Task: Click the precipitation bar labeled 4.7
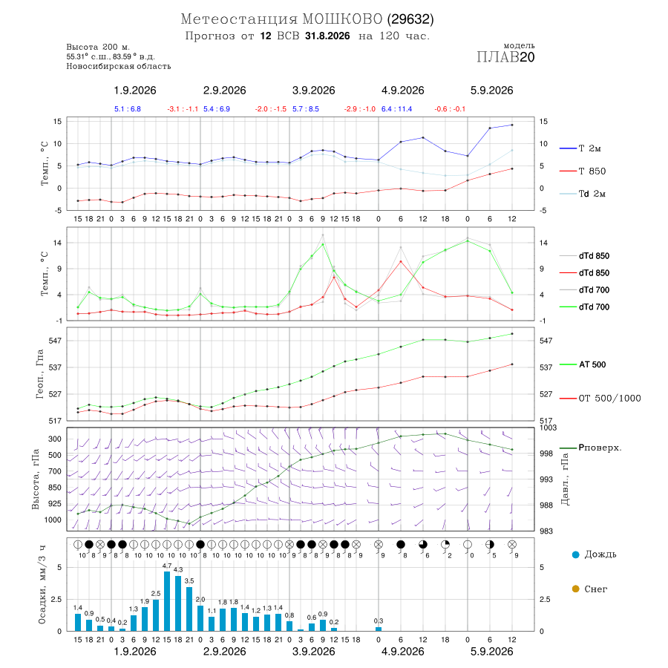click(167, 601)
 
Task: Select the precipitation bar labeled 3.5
click(189, 609)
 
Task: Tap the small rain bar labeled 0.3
click(379, 629)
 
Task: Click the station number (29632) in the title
click(410, 19)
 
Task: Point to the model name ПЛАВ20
click(505, 56)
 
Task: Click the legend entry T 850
click(583, 171)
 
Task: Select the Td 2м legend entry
click(583, 194)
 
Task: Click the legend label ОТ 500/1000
click(609, 399)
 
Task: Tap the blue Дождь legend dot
click(575, 554)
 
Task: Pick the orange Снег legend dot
click(575, 589)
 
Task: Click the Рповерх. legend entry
click(591, 448)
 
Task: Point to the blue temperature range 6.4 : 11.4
click(396, 109)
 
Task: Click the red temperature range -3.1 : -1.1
click(183, 109)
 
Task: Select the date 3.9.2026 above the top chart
click(313, 91)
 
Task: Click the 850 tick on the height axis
click(54, 488)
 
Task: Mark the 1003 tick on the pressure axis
click(548, 428)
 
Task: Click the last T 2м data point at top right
click(512, 125)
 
